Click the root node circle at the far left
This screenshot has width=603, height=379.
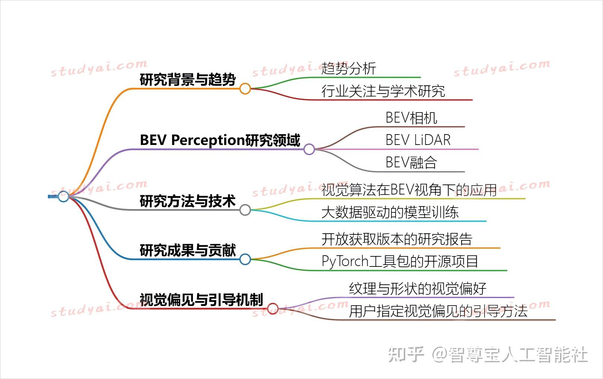pos(63,196)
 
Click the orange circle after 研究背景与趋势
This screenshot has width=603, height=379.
pos(245,89)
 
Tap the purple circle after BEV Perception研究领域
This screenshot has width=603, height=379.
pos(309,149)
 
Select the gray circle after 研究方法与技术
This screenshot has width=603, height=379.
pos(245,210)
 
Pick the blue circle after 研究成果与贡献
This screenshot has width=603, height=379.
pos(245,259)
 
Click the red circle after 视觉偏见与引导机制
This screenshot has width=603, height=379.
pos(273,309)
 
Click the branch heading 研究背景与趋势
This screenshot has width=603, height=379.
pos(188,80)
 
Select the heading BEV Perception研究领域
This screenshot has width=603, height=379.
pos(220,140)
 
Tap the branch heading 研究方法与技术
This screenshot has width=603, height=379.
pos(188,201)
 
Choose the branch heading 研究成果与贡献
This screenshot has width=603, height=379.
pos(188,250)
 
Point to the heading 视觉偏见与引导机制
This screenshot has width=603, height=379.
pos(201,300)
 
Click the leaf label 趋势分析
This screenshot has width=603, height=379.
pos(349,69)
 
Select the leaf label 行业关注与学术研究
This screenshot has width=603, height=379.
pos(383,91)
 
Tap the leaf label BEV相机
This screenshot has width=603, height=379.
pos(411,118)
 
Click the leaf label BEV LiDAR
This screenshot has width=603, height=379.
pos(418,140)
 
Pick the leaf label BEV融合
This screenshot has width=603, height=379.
pos(411,162)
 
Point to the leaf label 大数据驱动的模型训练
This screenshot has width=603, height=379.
pos(390,212)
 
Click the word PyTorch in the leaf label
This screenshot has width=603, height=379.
pos(345,262)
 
